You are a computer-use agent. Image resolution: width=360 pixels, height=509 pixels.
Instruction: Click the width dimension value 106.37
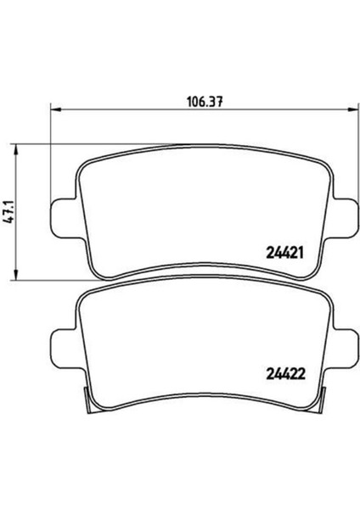coord(205,102)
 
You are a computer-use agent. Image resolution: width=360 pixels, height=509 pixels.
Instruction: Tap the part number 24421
coord(284,253)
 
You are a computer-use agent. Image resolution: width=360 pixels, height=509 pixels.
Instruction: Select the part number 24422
coord(285,374)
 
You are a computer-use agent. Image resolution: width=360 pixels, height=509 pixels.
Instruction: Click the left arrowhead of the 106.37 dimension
coord(56,110)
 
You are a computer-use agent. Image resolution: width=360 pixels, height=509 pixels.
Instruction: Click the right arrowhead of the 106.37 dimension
coord(353,110)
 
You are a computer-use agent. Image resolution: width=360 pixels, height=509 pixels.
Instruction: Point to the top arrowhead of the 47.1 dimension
coord(14,150)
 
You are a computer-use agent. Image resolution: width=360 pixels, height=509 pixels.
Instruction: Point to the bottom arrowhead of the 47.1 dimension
coord(14,274)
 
